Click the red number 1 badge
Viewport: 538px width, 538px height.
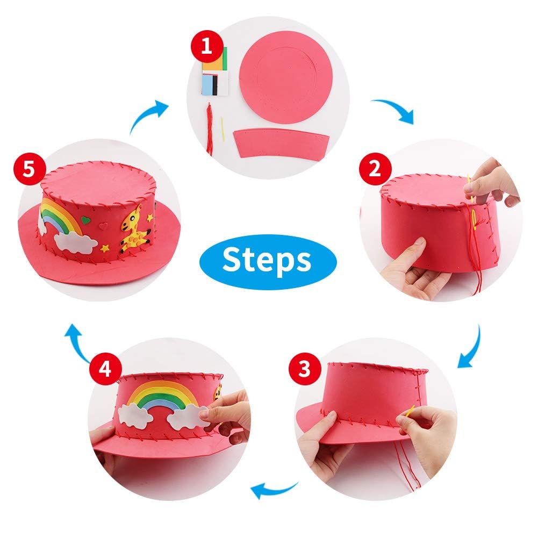205,47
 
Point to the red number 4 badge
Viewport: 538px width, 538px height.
105,369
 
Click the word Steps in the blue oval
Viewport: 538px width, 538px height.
267,260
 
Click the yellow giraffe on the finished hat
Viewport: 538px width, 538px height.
134,228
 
